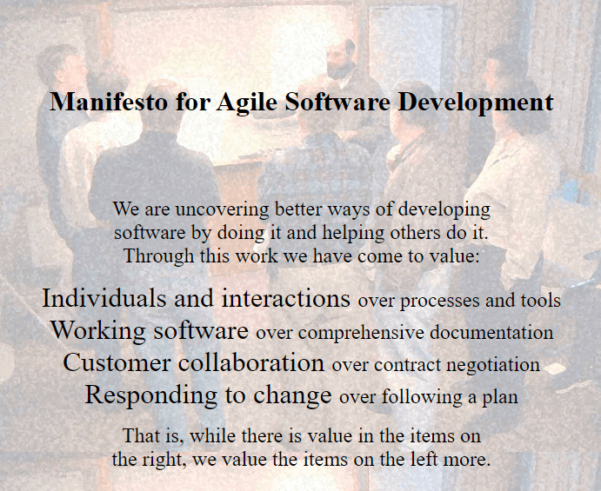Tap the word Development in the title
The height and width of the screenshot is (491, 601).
point(476,102)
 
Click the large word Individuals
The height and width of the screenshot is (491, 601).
point(104,298)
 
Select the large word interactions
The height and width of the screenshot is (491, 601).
point(286,298)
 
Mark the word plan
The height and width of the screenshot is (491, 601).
point(500,398)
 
